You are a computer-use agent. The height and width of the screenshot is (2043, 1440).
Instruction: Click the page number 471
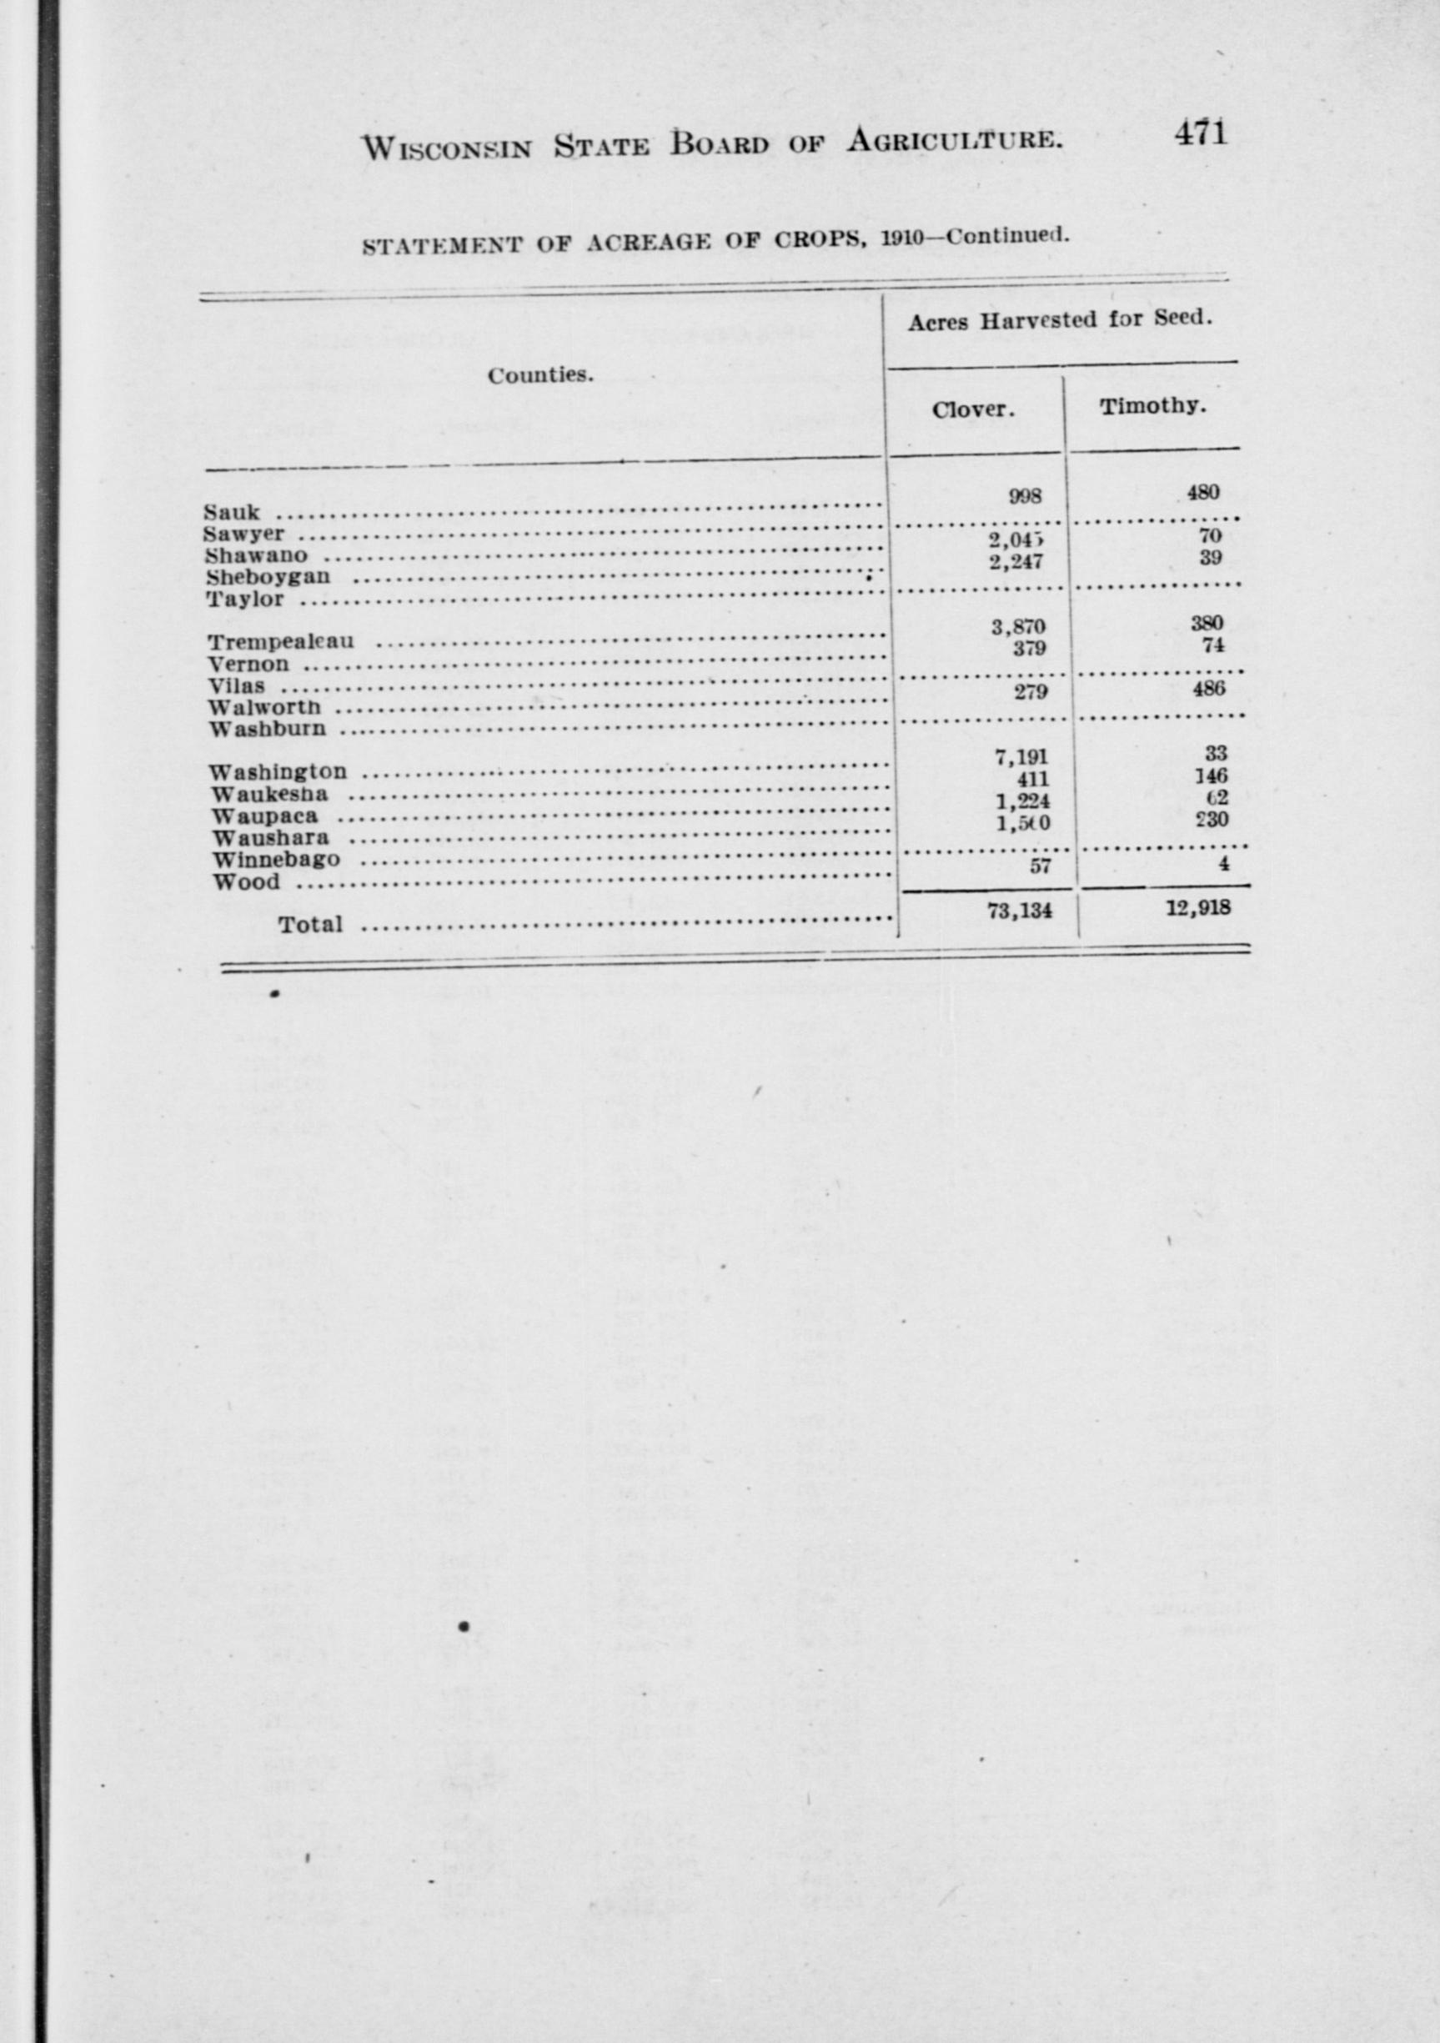pos(1201,133)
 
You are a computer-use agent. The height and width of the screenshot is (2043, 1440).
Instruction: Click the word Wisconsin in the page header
pos(447,146)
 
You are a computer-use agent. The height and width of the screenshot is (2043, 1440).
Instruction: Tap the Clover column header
pos(974,410)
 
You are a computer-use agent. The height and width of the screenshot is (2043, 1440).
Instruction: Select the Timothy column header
pos(1153,407)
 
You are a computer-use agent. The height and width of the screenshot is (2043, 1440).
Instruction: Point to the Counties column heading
pos(540,375)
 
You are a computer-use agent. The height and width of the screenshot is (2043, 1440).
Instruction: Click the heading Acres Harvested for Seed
pos(1061,321)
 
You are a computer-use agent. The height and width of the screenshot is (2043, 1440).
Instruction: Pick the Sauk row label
pos(232,513)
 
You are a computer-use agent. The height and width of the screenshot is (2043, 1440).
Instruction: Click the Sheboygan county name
pos(268,576)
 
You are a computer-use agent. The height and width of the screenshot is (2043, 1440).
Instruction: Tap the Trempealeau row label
pos(280,641)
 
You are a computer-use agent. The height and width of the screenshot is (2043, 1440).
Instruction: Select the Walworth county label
pos(264,707)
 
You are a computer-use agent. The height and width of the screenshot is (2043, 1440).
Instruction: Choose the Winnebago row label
pos(276,861)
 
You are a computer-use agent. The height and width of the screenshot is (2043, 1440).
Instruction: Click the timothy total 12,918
pos(1199,908)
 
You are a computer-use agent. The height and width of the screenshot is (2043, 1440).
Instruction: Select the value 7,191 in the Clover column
pos(1021,758)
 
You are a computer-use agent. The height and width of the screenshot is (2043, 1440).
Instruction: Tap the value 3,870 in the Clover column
pos(1019,627)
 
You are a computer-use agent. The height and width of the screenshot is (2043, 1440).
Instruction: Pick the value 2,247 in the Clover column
pos(1016,561)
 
